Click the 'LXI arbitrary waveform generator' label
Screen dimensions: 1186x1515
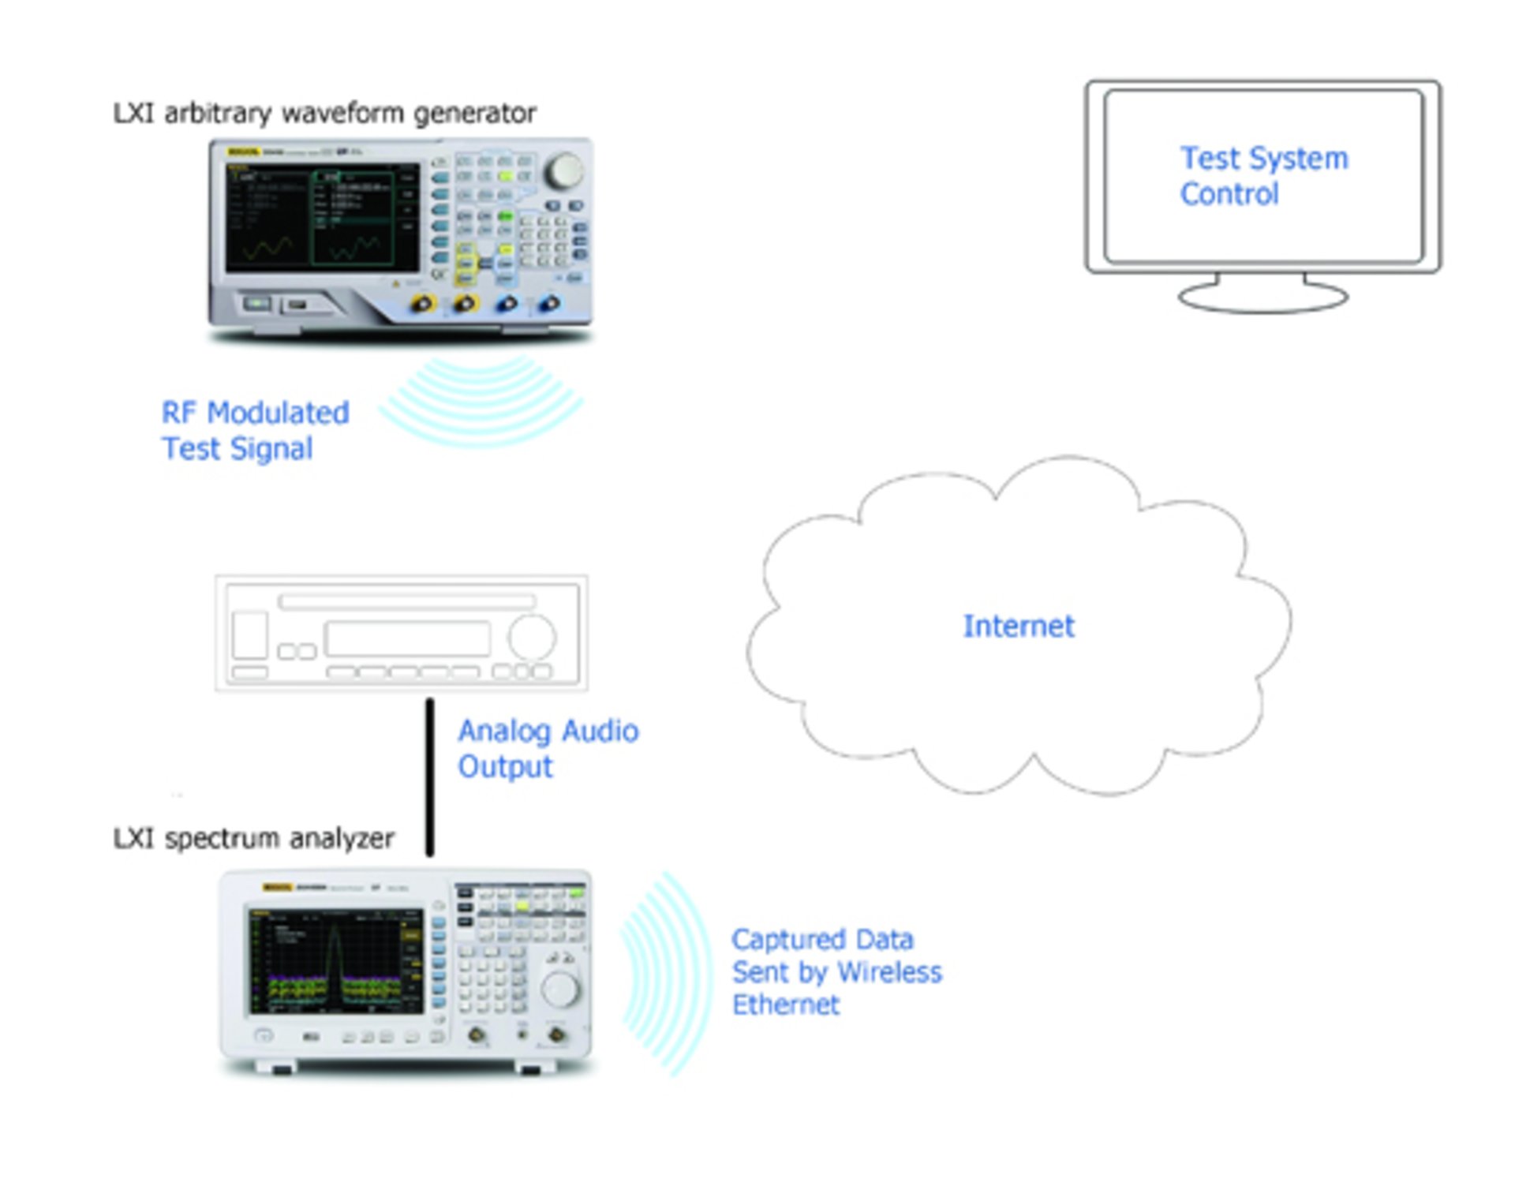(324, 114)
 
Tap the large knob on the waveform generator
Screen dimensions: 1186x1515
(564, 171)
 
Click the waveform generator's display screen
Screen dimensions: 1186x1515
(322, 219)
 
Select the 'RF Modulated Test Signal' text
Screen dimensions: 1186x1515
(254, 431)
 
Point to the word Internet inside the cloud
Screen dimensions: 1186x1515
(1018, 627)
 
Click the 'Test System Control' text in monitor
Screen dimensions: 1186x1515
(1263, 176)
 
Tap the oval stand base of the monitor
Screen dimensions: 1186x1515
(1262, 297)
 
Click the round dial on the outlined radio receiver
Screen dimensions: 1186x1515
(532, 637)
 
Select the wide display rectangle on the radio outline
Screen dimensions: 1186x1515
(407, 638)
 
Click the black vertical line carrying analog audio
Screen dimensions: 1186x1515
(430, 776)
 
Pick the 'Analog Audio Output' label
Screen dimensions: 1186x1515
(547, 749)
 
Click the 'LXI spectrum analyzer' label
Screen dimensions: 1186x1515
(253, 838)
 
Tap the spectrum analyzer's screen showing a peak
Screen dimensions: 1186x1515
(336, 962)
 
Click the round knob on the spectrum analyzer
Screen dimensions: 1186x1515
(559, 989)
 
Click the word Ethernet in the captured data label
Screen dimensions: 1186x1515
(786, 1005)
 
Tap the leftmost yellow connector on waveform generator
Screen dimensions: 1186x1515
(424, 304)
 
